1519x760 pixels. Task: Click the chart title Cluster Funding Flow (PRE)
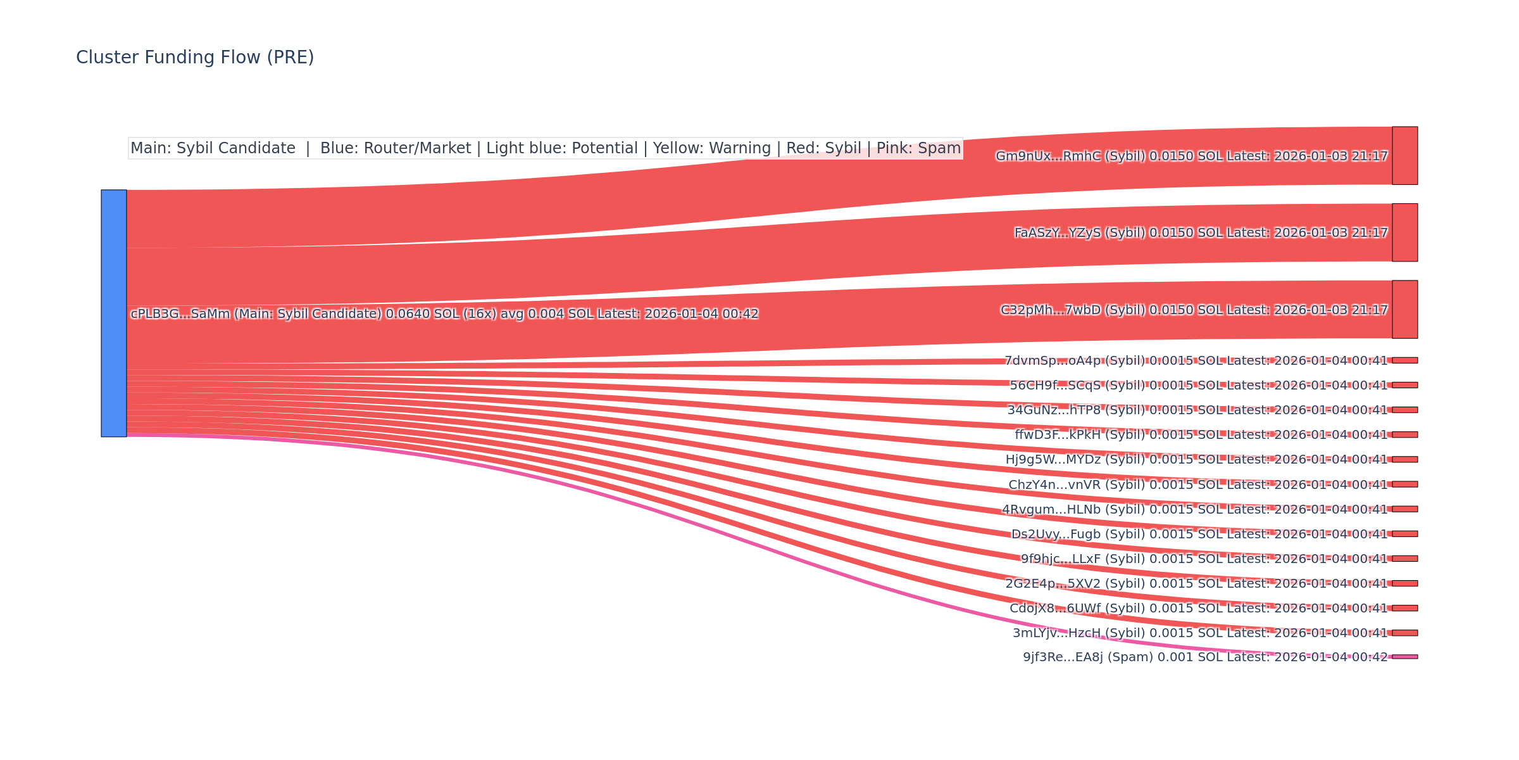coord(195,58)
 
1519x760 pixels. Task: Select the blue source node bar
coord(114,313)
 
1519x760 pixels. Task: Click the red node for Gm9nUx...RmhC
coord(1404,156)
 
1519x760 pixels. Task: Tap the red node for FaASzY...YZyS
coord(1404,232)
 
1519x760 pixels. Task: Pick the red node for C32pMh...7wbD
coord(1404,309)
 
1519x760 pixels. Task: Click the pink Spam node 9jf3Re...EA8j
coord(1404,657)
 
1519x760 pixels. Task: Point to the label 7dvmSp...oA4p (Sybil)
coord(1196,361)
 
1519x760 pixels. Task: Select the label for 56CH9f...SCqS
coord(1198,386)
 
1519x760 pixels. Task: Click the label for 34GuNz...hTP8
coord(1197,410)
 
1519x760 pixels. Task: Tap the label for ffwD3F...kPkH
coord(1201,435)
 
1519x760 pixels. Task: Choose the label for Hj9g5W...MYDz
coord(1196,460)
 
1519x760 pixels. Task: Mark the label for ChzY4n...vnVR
coord(1197,485)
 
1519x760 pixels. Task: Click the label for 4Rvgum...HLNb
coord(1194,510)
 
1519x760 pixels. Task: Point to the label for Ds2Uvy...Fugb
coord(1199,535)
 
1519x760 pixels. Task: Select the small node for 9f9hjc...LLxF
coord(1404,559)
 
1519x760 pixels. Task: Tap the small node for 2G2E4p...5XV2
coord(1404,583)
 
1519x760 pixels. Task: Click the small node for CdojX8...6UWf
coord(1404,608)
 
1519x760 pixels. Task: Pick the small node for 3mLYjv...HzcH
coord(1404,633)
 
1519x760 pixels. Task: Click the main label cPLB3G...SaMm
coord(444,314)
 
